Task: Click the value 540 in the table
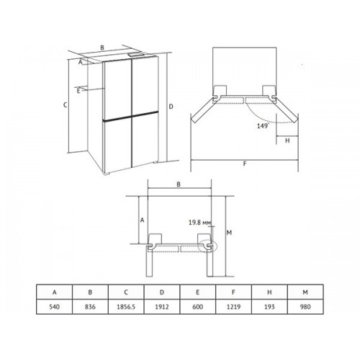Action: (54, 307)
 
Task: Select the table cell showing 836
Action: (90, 307)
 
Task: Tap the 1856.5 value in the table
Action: (126, 307)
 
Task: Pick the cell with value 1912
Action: (162, 307)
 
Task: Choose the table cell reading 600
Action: (197, 307)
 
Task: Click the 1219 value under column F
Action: (233, 307)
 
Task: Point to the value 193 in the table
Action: (269, 307)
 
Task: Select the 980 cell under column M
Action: (305, 307)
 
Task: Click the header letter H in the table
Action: (269, 292)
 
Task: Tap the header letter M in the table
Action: (305, 292)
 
